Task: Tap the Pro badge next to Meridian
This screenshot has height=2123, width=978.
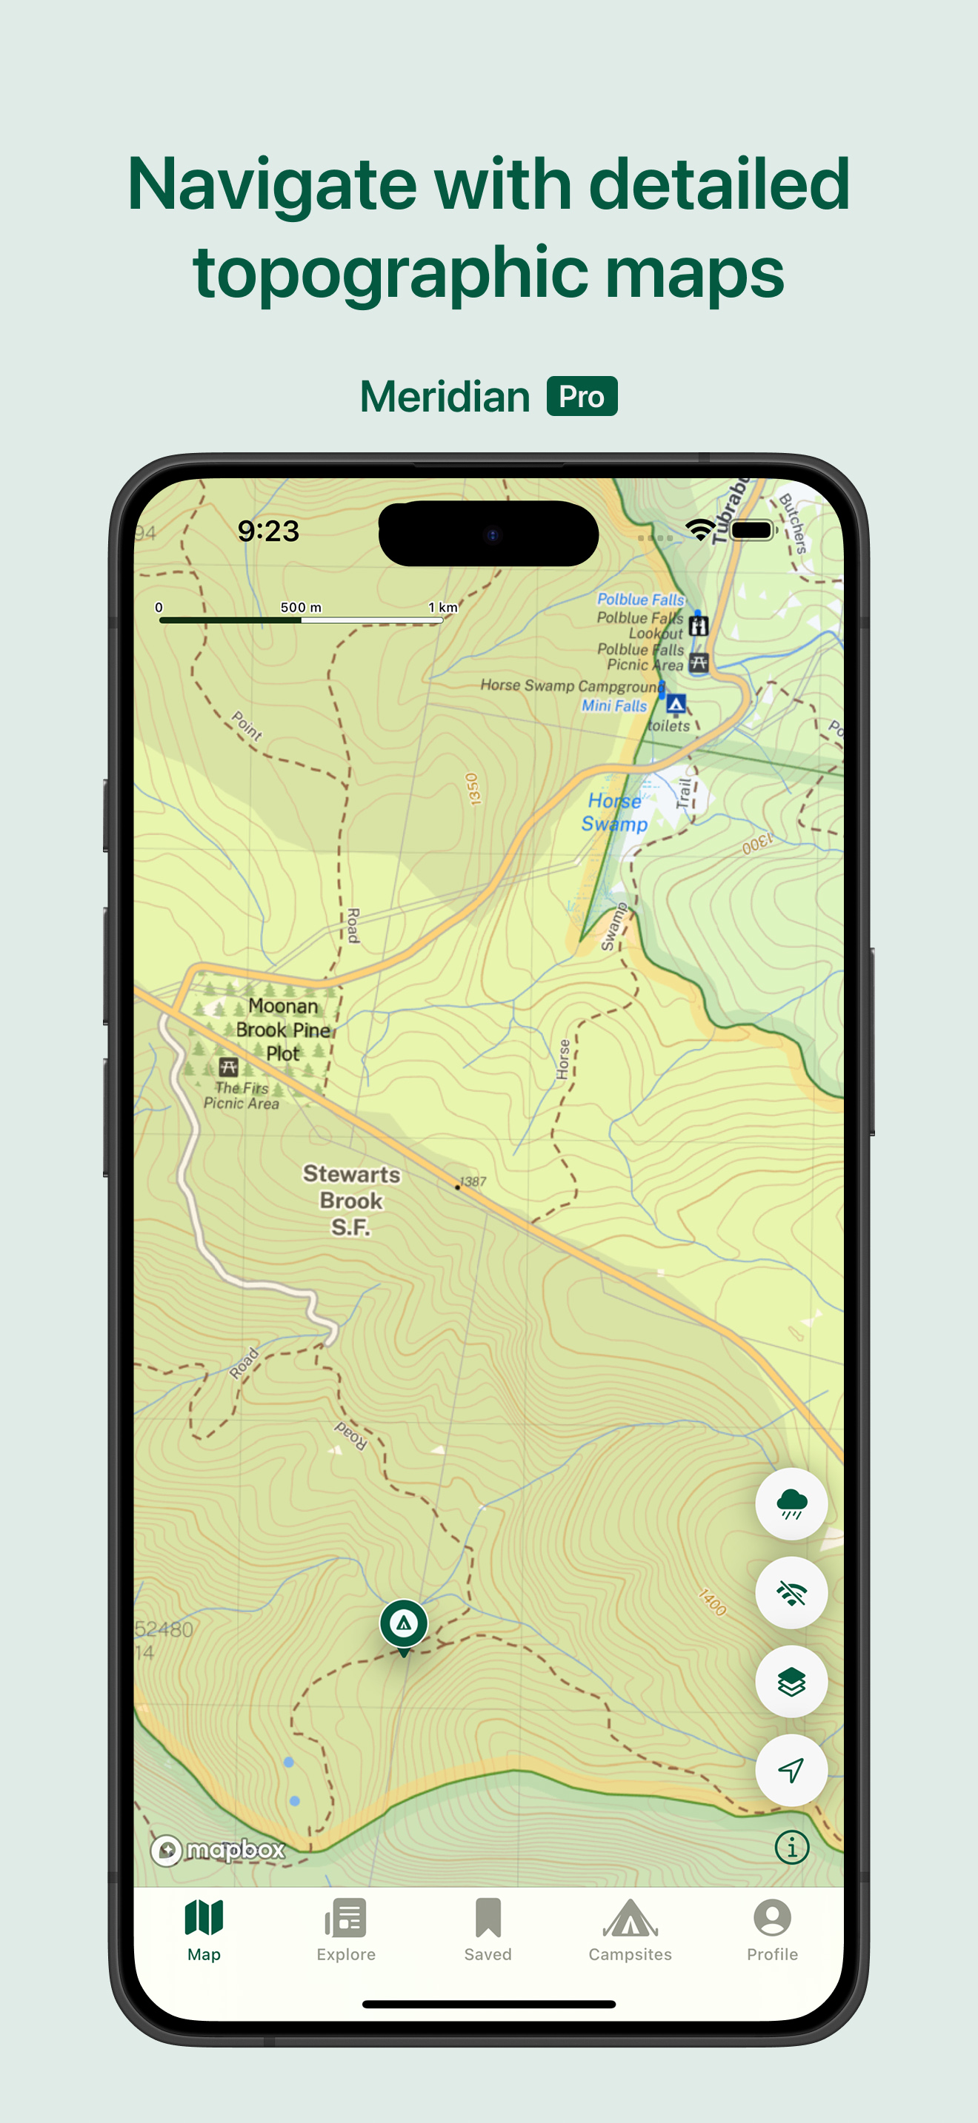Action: click(582, 397)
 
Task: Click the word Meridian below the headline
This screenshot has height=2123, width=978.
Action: click(445, 397)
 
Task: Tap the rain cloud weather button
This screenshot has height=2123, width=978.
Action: click(791, 1503)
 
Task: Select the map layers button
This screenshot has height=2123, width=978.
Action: click(791, 1681)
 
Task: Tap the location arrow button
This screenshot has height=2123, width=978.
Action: click(791, 1769)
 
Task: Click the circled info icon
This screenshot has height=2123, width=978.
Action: click(791, 1847)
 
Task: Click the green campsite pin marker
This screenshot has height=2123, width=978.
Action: click(403, 1624)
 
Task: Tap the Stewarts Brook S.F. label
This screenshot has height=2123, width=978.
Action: click(351, 1201)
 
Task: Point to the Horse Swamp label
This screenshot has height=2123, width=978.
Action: click(614, 813)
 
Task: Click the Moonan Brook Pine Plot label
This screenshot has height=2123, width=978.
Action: click(283, 1030)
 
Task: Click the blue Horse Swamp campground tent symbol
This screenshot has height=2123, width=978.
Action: click(676, 704)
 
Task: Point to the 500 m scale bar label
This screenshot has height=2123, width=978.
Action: click(300, 608)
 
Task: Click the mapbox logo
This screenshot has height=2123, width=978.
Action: click(219, 1850)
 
